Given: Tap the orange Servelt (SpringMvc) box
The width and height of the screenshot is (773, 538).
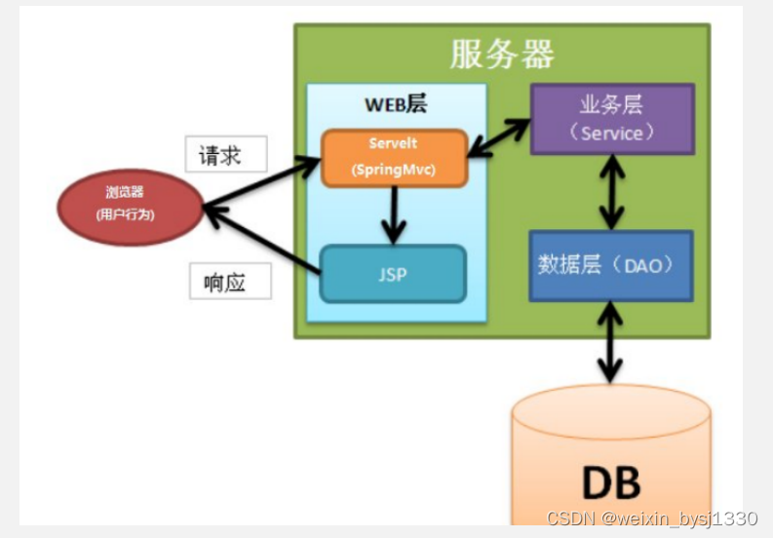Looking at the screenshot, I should (393, 157).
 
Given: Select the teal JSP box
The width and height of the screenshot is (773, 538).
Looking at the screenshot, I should (393, 274).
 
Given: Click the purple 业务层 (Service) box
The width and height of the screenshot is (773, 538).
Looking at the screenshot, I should (611, 119).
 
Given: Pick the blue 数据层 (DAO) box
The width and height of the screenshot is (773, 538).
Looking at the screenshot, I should (611, 264).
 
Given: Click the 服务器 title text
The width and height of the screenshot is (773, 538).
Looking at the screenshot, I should (502, 55).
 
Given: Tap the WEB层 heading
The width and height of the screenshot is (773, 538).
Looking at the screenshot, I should (395, 104).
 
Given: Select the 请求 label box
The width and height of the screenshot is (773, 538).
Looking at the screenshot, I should (219, 155).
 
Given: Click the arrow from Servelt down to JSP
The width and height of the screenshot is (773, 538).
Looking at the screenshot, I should (393, 214).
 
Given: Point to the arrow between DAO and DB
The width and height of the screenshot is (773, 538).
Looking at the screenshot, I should (611, 341).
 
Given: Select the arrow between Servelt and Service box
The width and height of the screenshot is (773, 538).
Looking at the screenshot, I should (498, 136).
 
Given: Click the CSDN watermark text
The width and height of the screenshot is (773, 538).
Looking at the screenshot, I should (651, 518).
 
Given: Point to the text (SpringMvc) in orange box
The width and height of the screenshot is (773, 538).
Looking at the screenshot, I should (393, 168).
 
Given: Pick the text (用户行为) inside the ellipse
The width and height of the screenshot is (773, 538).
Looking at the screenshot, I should (125, 214).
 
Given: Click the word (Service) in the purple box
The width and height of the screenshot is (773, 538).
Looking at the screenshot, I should (611, 133).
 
